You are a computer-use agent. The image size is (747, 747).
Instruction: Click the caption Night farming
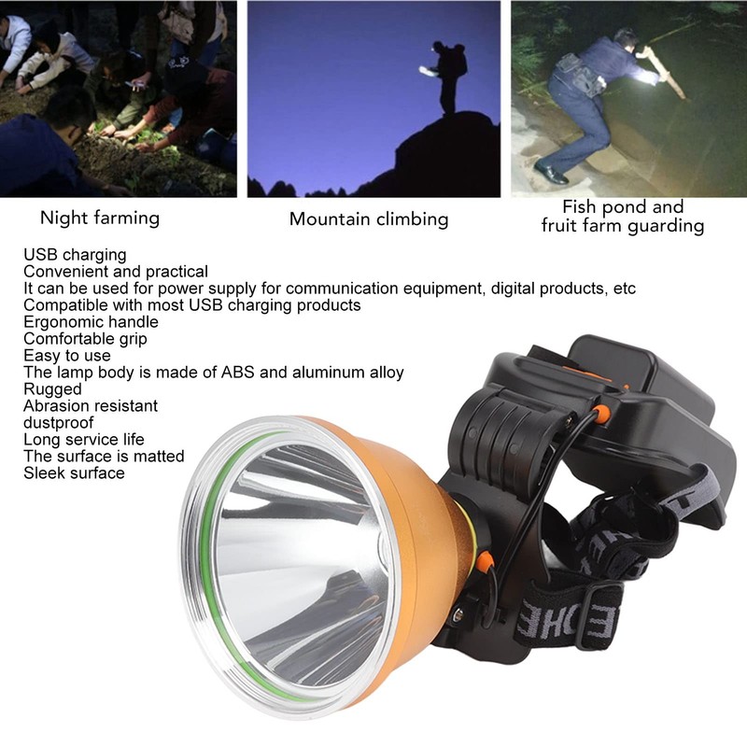pos(99,218)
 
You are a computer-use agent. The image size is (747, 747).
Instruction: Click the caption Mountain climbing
pos(369,219)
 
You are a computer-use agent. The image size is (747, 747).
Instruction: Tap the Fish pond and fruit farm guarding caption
pos(623,217)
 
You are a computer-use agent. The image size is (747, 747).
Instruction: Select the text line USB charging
pos(75,254)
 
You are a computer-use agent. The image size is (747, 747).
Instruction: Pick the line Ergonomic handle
pos(91,321)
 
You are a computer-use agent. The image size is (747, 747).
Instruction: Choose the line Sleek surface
pos(74,472)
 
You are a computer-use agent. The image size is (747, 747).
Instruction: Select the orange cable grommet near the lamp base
pos(485,561)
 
